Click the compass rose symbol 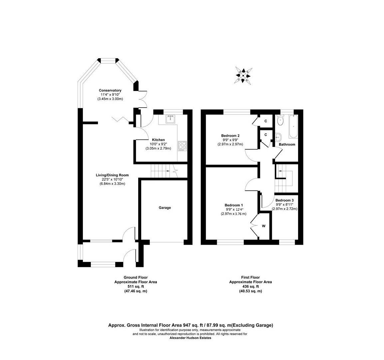[x=243, y=76]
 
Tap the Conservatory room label [x=110, y=90]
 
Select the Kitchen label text [x=158, y=140]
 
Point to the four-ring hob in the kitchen [x=183, y=145]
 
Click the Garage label [x=165, y=208]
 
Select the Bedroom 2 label [x=230, y=136]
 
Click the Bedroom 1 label [x=233, y=205]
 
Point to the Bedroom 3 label [x=284, y=200]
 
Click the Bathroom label [x=287, y=144]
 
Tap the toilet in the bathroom [x=280, y=121]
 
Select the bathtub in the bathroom [x=293, y=126]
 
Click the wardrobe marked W [x=263, y=226]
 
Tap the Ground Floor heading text [x=136, y=277]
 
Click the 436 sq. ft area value [x=250, y=286]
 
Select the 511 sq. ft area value [x=136, y=286]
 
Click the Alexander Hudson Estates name [x=190, y=338]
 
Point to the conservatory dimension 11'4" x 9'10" [x=110, y=95]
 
